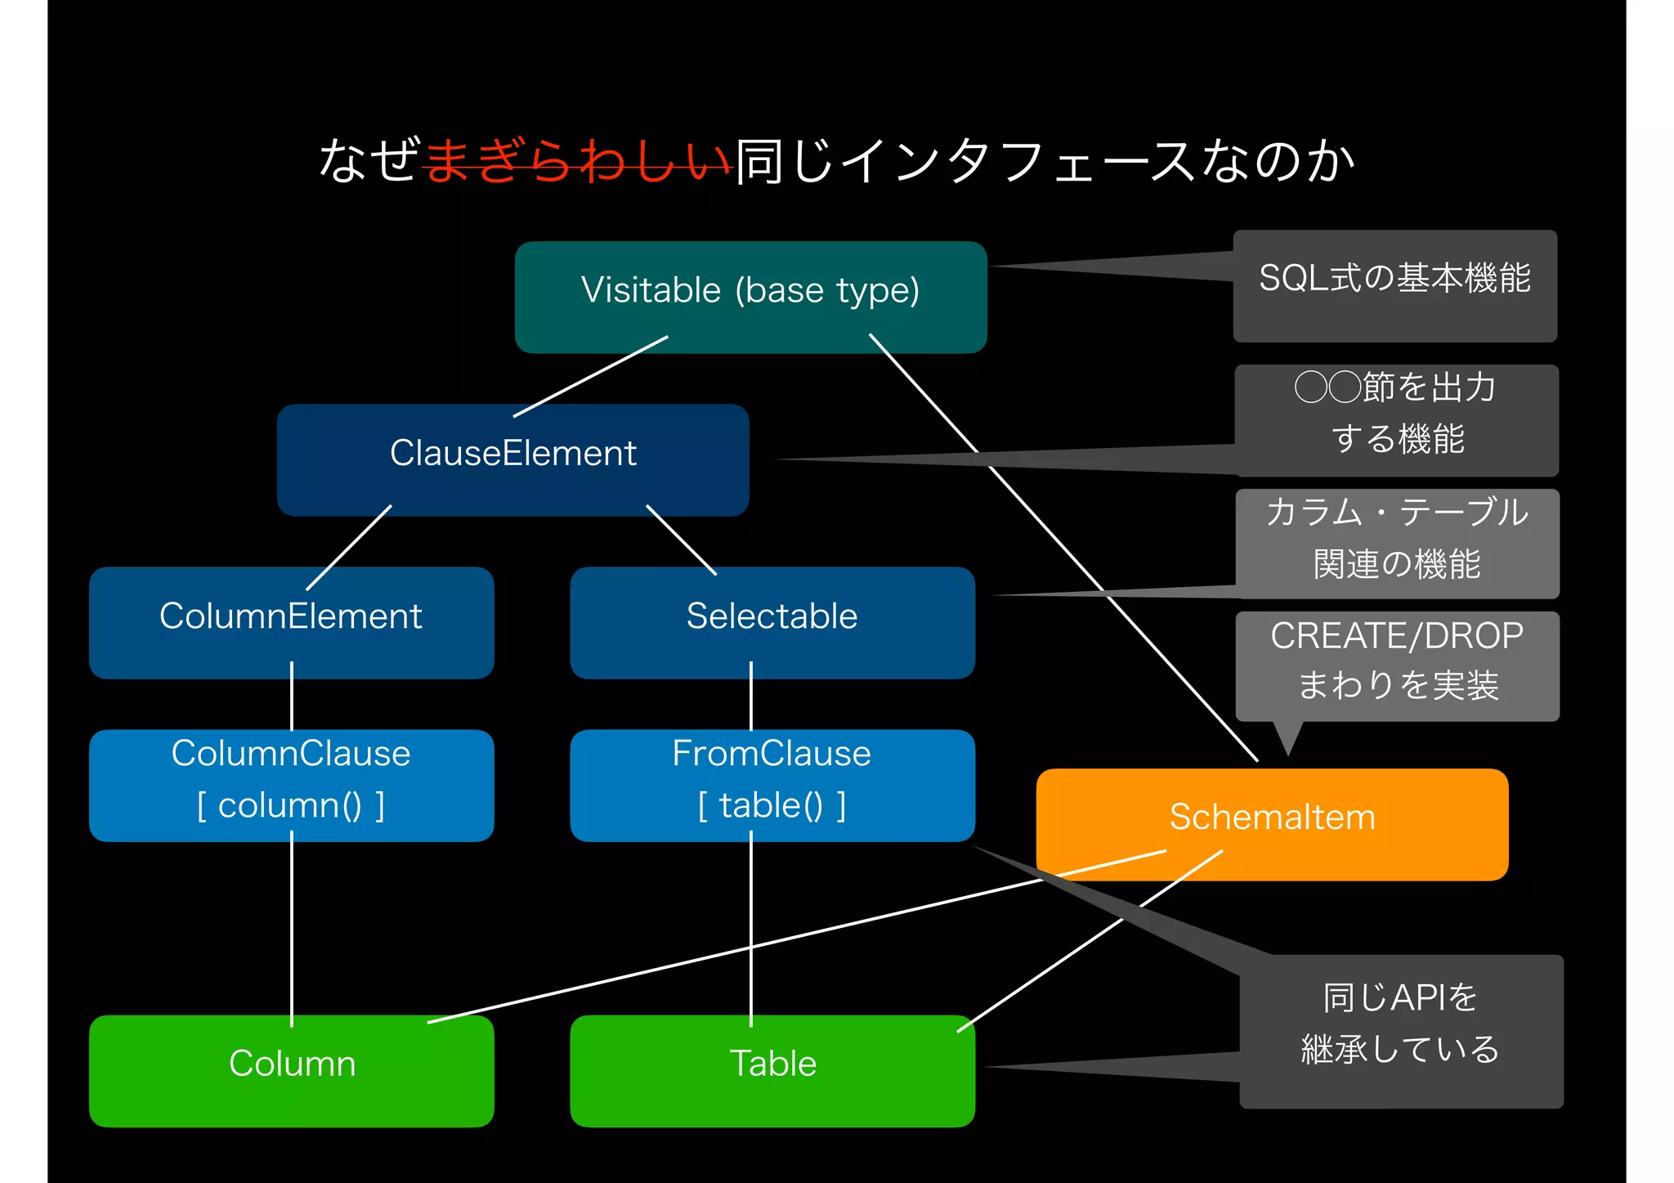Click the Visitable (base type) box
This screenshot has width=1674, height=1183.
750,296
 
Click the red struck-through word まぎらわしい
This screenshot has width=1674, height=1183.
576,160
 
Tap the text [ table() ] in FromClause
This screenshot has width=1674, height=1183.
772,806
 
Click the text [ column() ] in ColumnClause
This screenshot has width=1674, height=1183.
291,806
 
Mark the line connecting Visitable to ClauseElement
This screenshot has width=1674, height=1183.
590,376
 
